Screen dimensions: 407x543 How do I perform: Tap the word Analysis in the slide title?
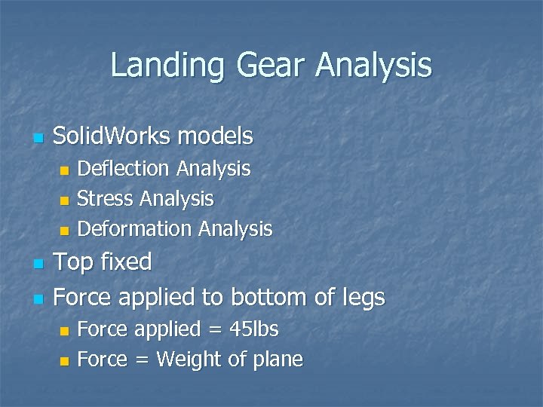coord(374,66)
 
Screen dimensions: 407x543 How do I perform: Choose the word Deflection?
coord(124,169)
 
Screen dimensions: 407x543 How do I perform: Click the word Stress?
coord(103,199)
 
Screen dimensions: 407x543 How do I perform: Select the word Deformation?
coord(134,228)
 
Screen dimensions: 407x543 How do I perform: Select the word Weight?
coord(189,360)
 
